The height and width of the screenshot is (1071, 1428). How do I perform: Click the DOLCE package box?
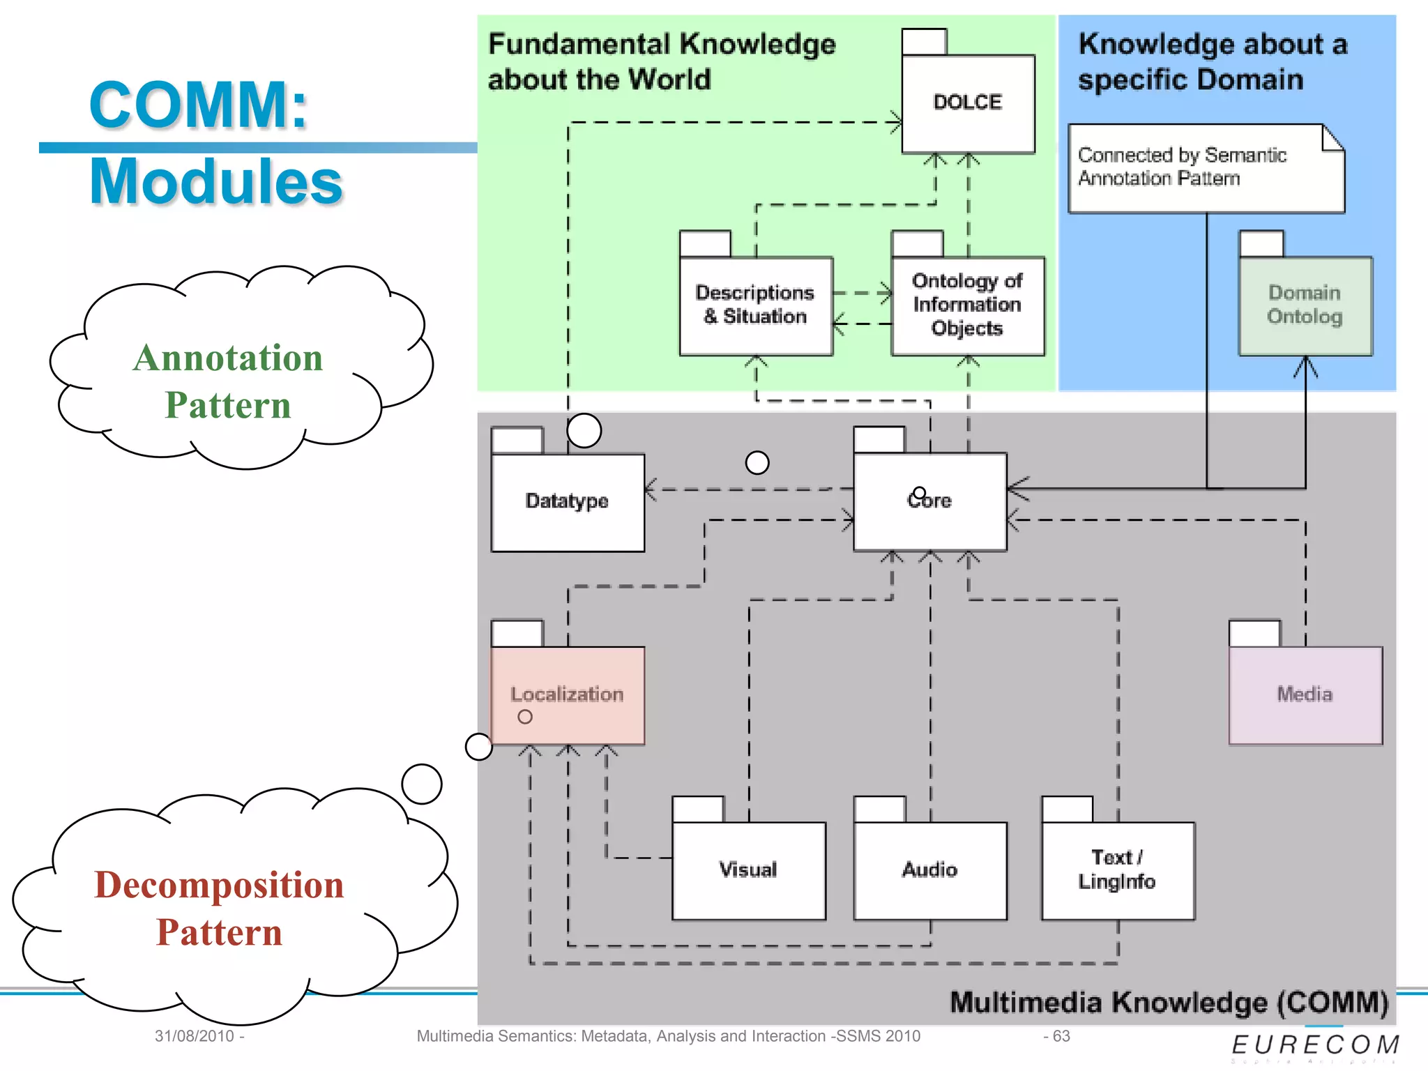click(968, 103)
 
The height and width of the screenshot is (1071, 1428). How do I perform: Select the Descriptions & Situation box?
click(756, 305)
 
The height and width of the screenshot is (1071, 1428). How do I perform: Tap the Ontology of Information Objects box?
click(968, 305)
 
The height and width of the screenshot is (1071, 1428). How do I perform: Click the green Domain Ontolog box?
click(1305, 305)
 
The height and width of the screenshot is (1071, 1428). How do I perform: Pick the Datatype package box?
click(568, 502)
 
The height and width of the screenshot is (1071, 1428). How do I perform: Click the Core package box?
click(930, 502)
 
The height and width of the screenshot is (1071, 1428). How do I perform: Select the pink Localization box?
click(568, 694)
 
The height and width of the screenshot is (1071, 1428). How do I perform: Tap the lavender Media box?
click(1305, 694)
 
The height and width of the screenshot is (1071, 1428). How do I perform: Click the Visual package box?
click(749, 870)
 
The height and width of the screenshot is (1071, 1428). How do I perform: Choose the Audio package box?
click(930, 870)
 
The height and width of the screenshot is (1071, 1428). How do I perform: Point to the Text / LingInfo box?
click(1118, 870)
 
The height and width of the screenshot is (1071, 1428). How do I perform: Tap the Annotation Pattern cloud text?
click(228, 381)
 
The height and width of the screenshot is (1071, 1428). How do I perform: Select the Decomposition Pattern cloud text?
click(219, 909)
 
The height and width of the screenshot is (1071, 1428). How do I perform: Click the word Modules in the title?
click(216, 181)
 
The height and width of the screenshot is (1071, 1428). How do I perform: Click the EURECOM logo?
click(1315, 1045)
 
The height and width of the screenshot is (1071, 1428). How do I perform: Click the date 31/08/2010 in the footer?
click(195, 1036)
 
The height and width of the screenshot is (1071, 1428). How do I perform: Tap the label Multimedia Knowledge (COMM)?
click(1169, 1003)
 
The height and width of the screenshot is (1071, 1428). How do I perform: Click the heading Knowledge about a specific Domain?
click(1212, 61)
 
